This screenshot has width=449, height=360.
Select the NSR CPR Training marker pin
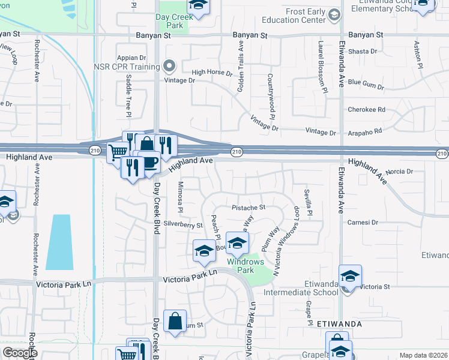(x=170, y=65)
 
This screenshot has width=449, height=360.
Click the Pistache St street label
(x=249, y=208)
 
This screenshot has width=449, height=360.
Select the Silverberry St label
(x=183, y=225)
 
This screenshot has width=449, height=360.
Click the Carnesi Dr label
(x=363, y=222)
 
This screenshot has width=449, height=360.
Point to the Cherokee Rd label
(x=366, y=110)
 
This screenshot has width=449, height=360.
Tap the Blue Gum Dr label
(x=366, y=85)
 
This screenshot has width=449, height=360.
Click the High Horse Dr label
(x=211, y=73)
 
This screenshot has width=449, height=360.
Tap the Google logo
(x=20, y=353)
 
